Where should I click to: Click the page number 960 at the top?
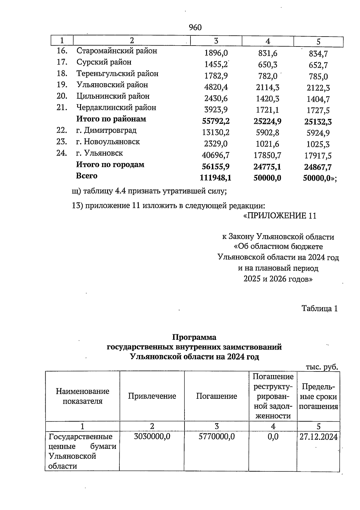coord(195,28)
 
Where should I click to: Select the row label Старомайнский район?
coord(117,51)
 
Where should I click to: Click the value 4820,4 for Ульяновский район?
coord(216,87)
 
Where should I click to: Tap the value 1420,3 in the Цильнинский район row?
coord(267,99)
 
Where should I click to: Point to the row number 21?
coord(61,108)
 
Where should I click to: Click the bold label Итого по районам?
coord(111,119)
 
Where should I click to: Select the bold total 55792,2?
coord(216,121)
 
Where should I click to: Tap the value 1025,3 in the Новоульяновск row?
coord(318,144)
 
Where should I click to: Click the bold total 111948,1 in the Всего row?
coord(215,178)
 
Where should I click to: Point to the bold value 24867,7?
coord(318,167)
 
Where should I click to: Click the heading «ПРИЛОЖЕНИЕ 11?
coord(280,216)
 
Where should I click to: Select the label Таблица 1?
coord(320,309)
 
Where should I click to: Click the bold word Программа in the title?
coord(194,337)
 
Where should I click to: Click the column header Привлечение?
coord(152,396)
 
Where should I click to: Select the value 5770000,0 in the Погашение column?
coord(217,437)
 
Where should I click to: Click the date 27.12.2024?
coord(319,437)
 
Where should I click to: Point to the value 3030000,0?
coord(152,437)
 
